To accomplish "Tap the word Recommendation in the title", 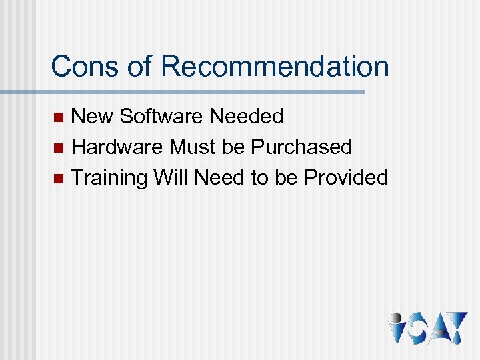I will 275,67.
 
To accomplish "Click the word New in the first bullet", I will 92,117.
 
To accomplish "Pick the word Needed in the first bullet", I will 246,117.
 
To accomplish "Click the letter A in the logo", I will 437,328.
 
